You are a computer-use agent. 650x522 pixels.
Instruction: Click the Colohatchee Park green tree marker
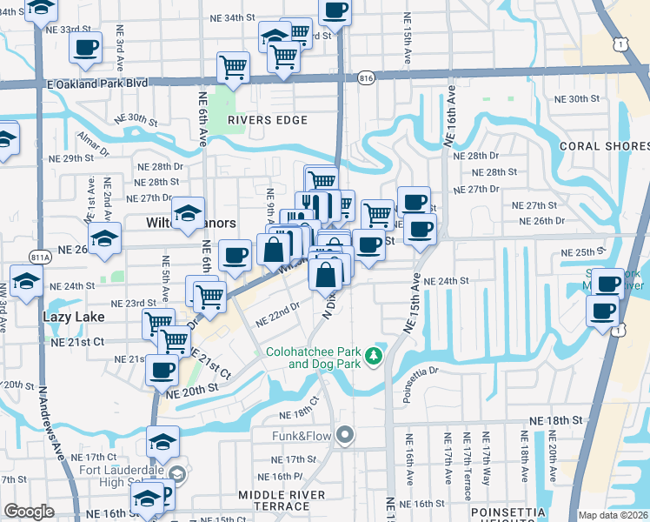point(374,355)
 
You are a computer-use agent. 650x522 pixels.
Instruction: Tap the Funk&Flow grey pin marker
point(345,434)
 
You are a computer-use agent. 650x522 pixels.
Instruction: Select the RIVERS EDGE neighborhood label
point(262,120)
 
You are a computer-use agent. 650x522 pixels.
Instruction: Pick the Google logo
point(29,512)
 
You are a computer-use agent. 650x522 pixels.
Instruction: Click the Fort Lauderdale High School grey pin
point(178,475)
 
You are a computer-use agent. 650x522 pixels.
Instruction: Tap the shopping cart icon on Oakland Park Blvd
point(233,67)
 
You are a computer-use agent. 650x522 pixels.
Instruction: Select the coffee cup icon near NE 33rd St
point(85,48)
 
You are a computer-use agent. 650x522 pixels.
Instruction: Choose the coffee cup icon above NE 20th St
point(162,370)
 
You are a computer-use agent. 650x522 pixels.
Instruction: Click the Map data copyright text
point(614,514)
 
